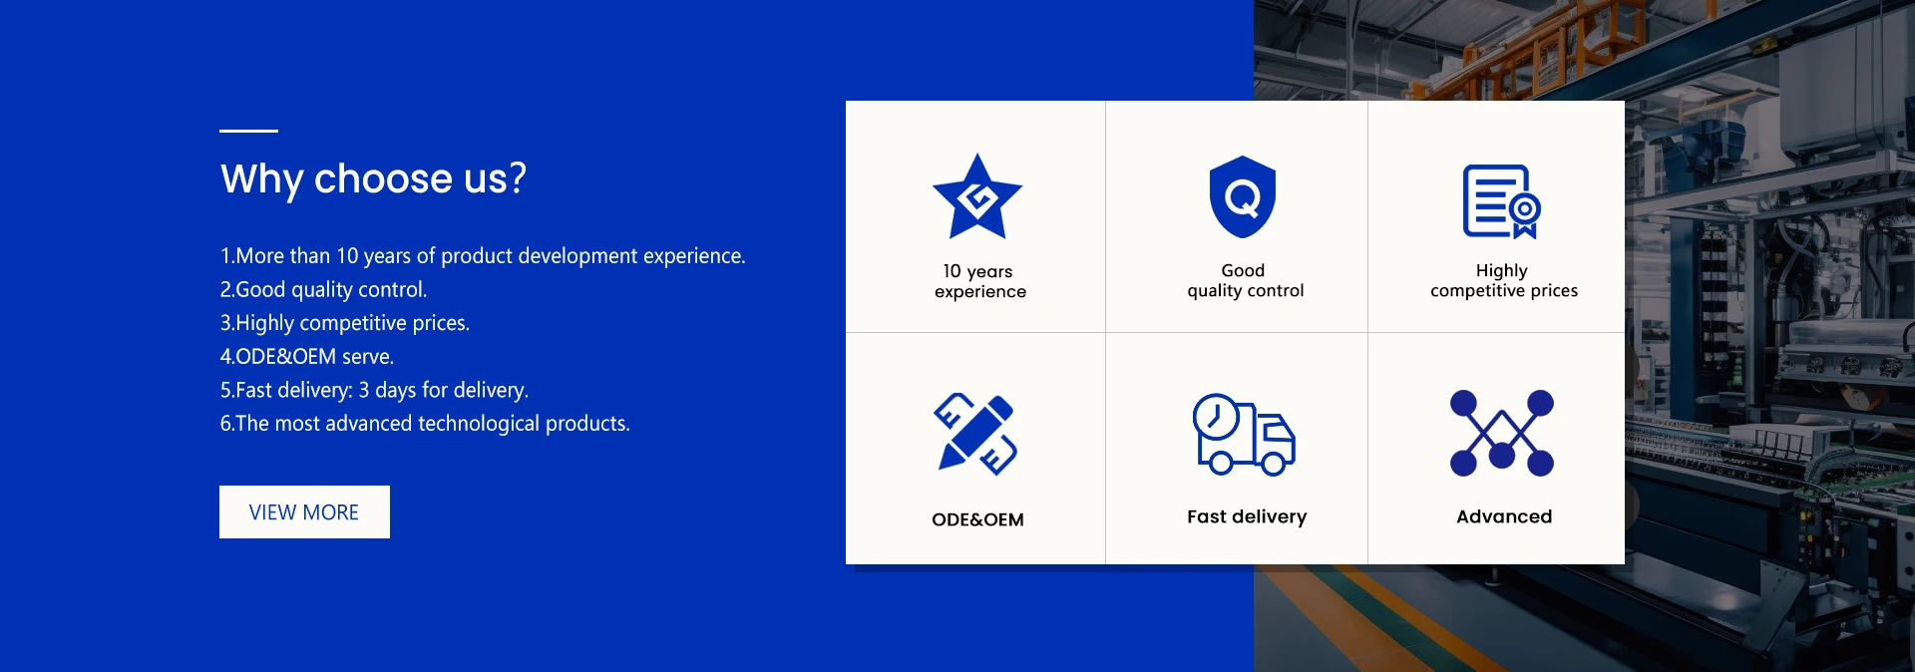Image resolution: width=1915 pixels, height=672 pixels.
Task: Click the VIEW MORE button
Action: click(x=304, y=511)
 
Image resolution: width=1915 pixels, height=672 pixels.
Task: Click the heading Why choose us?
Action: click(x=373, y=179)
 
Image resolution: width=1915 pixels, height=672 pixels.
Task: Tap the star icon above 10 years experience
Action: click(x=977, y=196)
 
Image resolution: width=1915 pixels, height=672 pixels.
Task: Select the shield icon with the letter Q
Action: click(x=1243, y=196)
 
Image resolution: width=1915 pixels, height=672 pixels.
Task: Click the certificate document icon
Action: click(x=1502, y=201)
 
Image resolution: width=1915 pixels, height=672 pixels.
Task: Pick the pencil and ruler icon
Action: click(x=975, y=434)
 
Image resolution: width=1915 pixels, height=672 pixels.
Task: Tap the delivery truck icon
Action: click(x=1244, y=434)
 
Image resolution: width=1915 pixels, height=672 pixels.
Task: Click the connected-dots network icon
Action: click(x=1502, y=433)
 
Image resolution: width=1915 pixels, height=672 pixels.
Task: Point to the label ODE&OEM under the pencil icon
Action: click(x=977, y=519)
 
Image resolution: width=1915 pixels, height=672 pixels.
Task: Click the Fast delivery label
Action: click(x=1247, y=516)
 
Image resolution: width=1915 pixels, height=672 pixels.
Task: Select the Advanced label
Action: click(x=1504, y=516)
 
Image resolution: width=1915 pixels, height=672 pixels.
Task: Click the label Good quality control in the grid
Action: click(x=1245, y=280)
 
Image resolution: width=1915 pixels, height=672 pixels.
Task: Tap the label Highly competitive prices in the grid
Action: click(x=1504, y=280)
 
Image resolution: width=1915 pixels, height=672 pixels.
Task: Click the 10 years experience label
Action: click(x=979, y=281)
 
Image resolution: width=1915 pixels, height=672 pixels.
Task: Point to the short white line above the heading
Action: click(x=248, y=131)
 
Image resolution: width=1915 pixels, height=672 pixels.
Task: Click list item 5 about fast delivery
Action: click(x=374, y=390)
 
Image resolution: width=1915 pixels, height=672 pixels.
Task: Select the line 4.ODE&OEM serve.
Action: click(x=307, y=356)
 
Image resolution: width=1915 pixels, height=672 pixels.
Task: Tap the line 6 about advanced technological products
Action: click(x=425, y=424)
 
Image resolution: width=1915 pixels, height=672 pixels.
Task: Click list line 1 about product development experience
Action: click(x=483, y=256)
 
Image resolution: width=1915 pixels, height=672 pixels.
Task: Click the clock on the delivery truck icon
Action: click(x=1216, y=417)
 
